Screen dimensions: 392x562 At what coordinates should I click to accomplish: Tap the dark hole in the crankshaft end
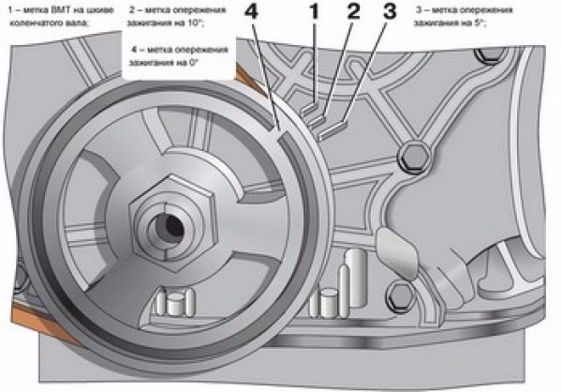pos(169,226)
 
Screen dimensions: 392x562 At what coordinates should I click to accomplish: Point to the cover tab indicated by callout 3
pos(330,127)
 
